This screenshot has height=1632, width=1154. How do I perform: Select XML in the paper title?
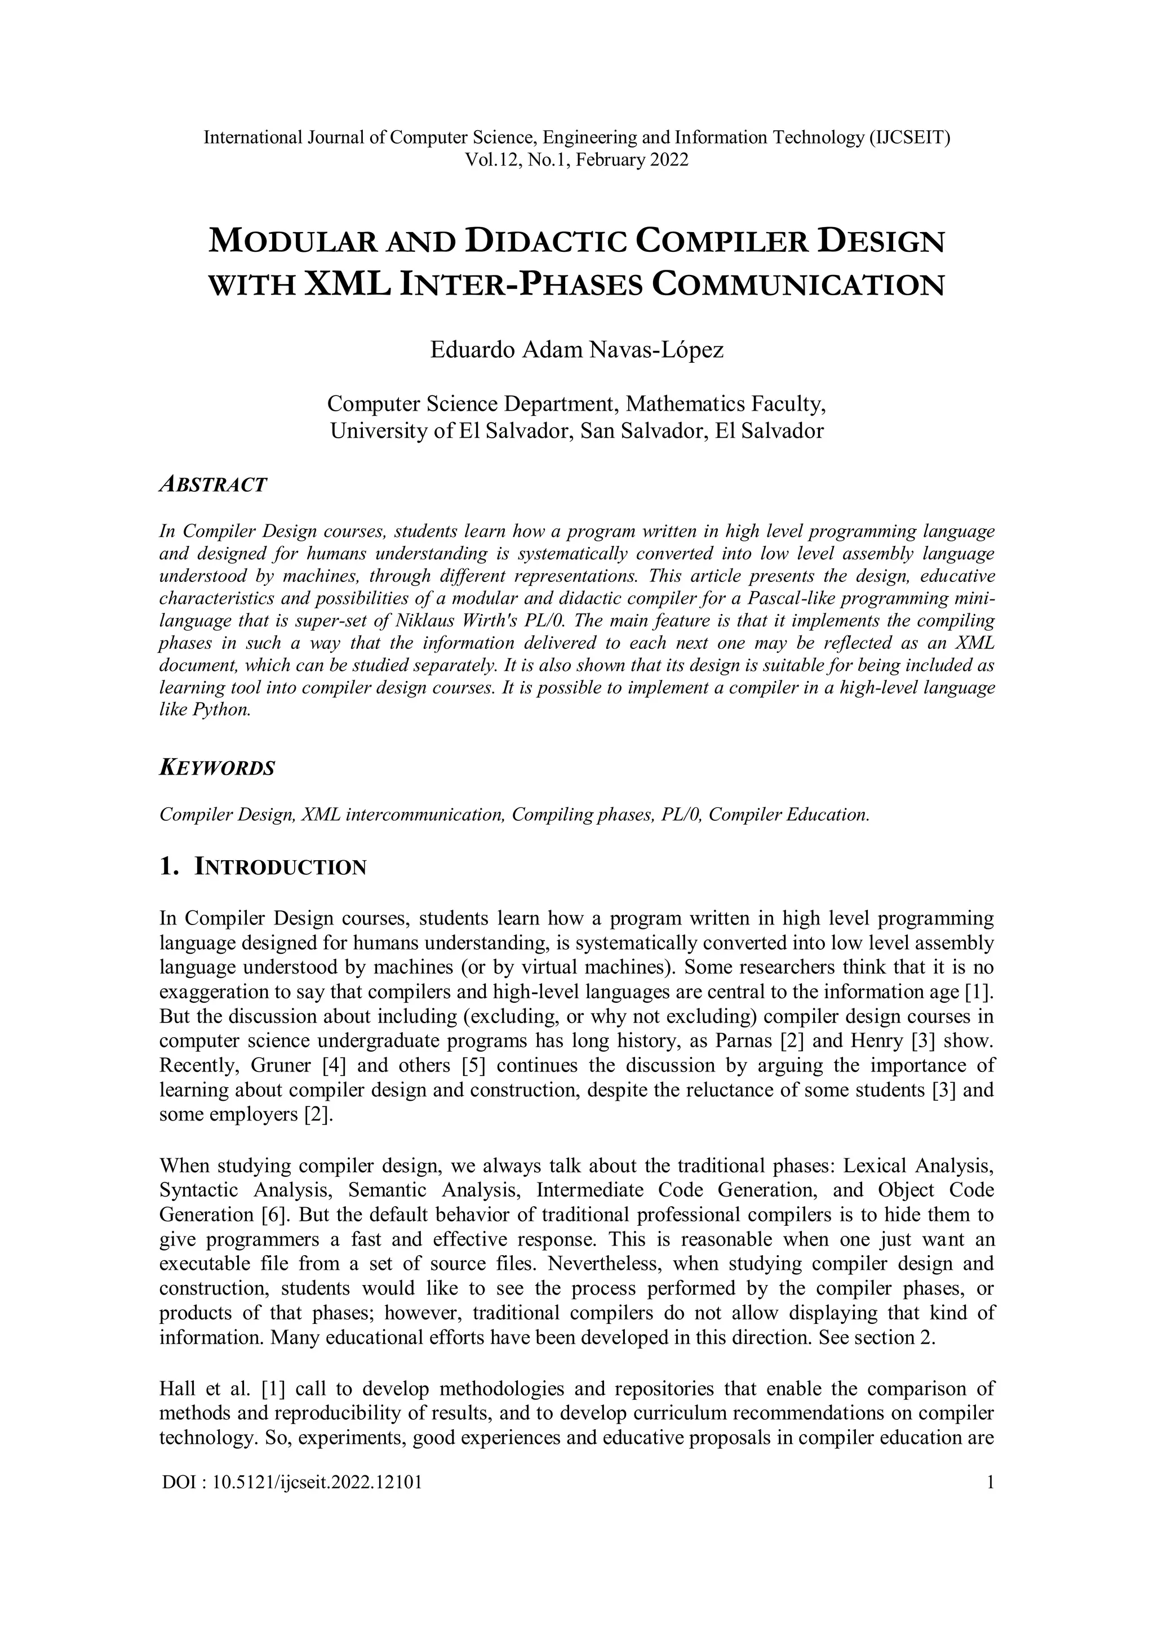348,284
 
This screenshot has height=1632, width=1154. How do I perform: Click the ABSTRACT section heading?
214,485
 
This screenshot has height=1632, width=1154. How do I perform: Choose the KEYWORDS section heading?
217,768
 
